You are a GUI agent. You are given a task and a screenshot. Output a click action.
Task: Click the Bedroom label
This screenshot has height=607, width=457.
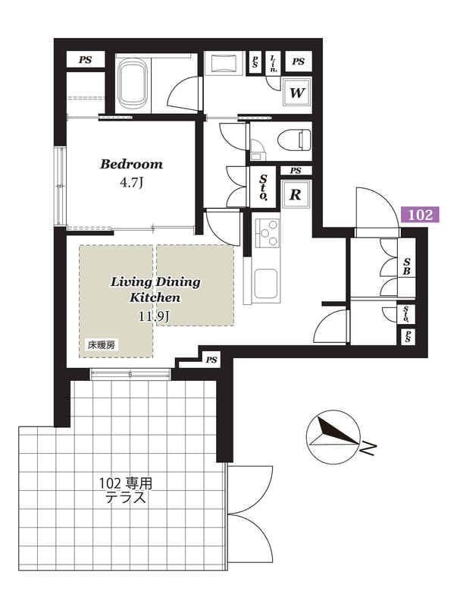tap(131, 164)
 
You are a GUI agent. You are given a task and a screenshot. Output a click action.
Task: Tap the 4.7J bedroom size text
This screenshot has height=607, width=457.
tap(131, 182)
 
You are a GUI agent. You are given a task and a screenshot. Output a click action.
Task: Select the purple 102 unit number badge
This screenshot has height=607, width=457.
tap(421, 215)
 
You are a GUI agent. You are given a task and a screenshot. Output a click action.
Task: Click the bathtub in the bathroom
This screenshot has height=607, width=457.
tap(133, 84)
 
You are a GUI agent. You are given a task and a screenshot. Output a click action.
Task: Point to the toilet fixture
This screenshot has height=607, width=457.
tap(295, 140)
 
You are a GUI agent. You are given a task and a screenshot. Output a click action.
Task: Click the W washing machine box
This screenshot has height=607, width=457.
tap(297, 92)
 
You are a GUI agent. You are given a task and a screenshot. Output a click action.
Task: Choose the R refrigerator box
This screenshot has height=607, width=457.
tap(296, 194)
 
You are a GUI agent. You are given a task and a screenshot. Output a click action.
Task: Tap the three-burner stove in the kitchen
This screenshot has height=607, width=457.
tap(268, 233)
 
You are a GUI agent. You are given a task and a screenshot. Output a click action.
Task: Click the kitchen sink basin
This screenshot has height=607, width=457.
tap(266, 282)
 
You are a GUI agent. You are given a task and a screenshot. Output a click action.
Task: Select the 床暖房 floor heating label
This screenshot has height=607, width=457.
tap(101, 345)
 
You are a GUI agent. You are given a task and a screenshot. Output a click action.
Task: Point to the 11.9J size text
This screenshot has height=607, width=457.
tap(154, 316)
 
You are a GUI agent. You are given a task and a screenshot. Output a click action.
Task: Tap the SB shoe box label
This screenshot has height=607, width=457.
tap(406, 267)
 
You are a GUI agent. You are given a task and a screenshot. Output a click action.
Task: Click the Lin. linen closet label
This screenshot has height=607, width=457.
tap(274, 63)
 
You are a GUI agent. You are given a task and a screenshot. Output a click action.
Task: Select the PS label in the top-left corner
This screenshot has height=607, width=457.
tap(86, 60)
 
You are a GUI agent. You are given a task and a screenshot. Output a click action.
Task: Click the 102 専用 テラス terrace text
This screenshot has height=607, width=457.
tap(126, 489)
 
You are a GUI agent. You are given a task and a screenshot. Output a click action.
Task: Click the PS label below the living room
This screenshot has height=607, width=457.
tap(211, 360)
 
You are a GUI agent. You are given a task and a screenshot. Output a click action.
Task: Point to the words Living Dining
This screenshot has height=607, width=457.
tap(155, 281)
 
